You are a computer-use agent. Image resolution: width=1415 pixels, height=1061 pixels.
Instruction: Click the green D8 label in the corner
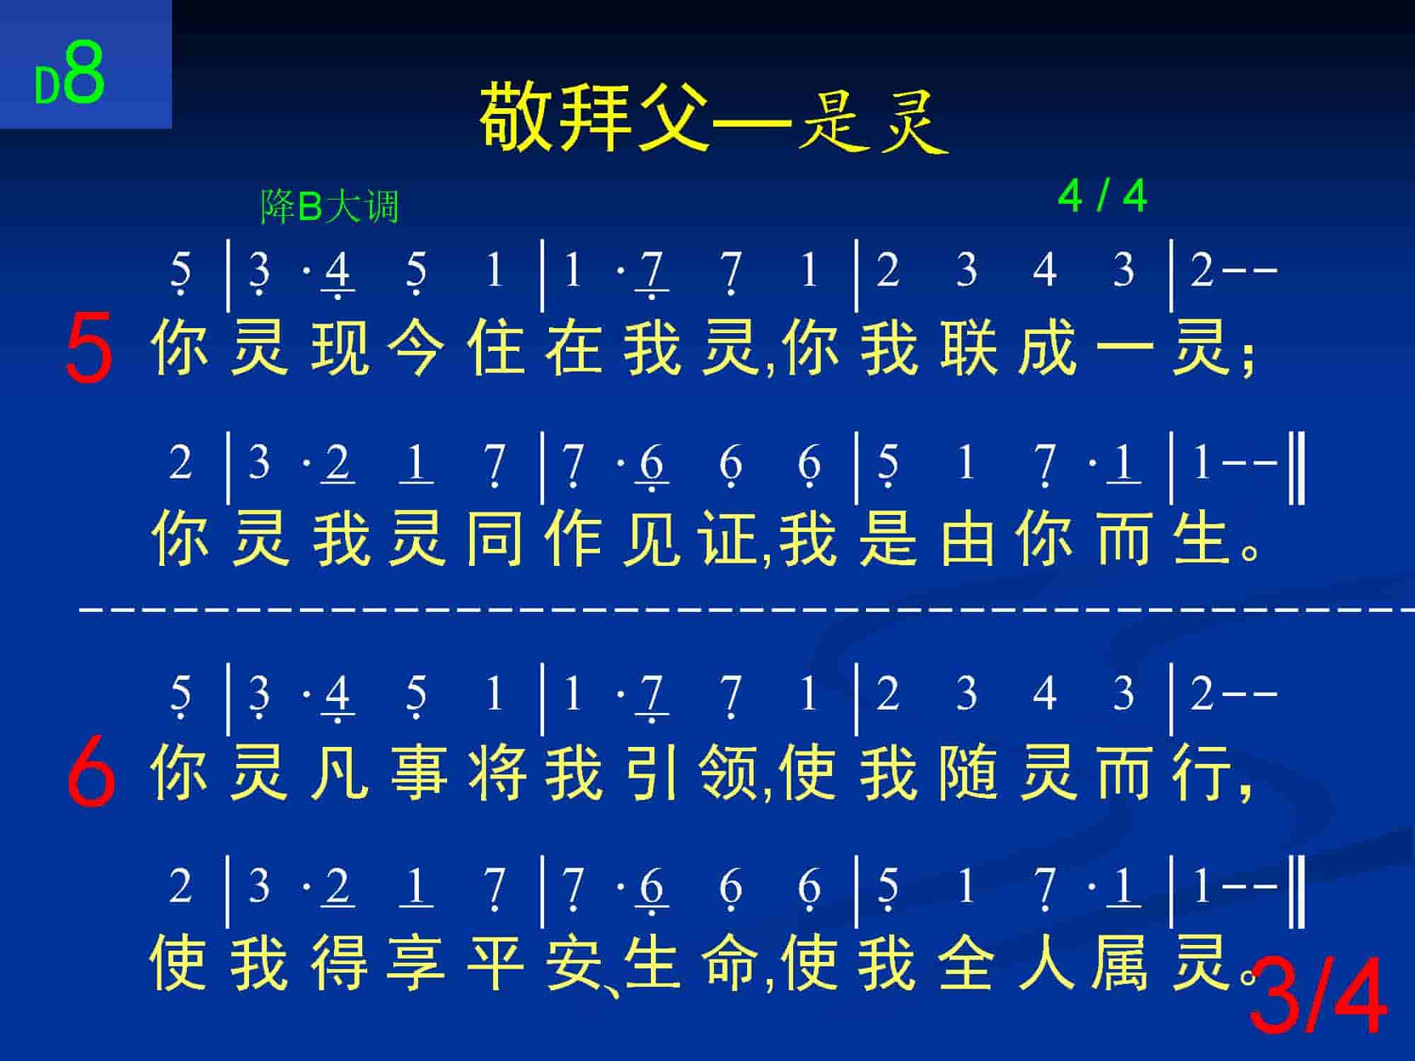click(x=70, y=74)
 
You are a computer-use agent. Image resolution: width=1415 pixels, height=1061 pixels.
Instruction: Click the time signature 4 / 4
click(x=1102, y=197)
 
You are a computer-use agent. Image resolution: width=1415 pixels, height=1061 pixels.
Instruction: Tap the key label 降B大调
click(x=330, y=207)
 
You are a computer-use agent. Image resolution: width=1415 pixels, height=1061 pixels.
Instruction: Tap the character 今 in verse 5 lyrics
click(x=417, y=348)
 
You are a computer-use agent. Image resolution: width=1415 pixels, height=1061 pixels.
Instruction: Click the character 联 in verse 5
click(x=967, y=348)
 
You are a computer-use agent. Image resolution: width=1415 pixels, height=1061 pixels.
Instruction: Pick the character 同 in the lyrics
click(x=495, y=539)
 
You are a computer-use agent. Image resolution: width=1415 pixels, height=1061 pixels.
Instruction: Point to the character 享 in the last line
click(x=417, y=962)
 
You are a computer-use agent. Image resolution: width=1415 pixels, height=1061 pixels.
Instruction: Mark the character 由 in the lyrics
click(x=967, y=539)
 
